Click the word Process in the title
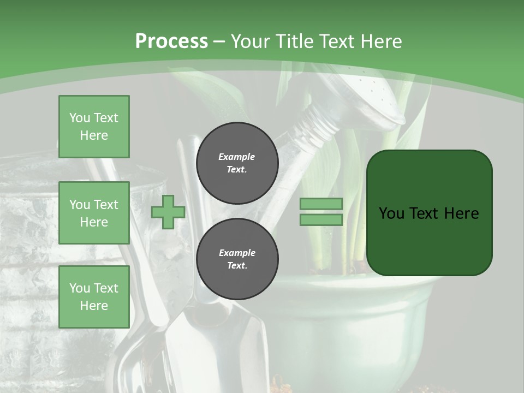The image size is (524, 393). (171, 41)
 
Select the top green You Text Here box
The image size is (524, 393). (94, 127)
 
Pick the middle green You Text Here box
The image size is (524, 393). (94, 213)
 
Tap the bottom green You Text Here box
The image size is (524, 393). (94, 296)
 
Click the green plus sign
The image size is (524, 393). (168, 212)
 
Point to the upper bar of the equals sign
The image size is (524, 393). (321, 204)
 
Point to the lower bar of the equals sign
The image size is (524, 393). (321, 220)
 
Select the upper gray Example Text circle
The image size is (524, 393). (237, 163)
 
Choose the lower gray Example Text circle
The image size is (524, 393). (237, 259)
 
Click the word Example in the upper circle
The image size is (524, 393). (237, 157)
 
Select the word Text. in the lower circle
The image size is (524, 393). (237, 266)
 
